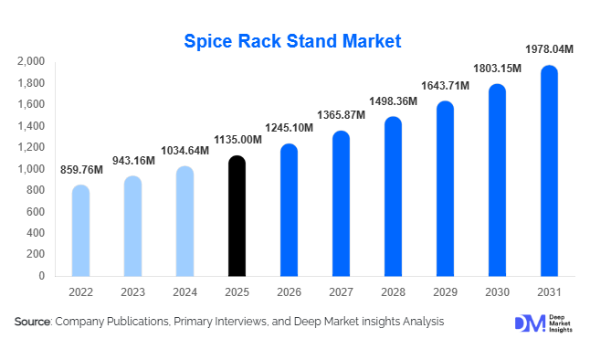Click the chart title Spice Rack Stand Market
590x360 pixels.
(x=292, y=41)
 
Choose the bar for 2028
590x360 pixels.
(x=393, y=196)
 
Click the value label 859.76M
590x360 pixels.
(x=80, y=169)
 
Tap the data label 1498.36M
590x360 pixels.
(x=393, y=101)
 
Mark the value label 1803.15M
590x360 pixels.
(x=497, y=69)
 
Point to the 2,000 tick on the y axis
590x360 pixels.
(x=31, y=61)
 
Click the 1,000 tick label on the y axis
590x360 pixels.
(x=31, y=169)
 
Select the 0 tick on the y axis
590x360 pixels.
(x=42, y=276)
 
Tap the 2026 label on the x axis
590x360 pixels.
(x=289, y=292)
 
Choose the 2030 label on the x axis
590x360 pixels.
(x=497, y=292)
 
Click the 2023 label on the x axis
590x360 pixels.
(x=132, y=292)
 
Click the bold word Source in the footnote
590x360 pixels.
(x=32, y=322)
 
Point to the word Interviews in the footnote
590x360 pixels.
(x=244, y=322)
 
